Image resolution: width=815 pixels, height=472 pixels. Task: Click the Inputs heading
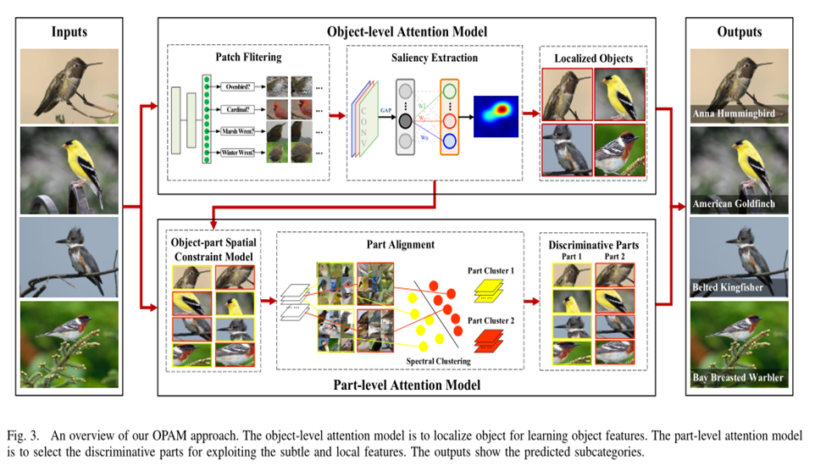tap(69, 32)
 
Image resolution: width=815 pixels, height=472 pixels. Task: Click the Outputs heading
tap(739, 32)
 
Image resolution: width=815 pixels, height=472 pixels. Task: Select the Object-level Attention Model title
tap(407, 31)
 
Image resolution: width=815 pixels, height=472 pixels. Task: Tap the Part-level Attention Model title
tap(407, 386)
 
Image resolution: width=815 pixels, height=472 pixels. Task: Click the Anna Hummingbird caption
tap(734, 113)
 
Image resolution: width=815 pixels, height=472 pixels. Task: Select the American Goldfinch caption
tap(735, 204)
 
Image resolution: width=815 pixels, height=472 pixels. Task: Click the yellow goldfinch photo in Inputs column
tap(69, 169)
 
